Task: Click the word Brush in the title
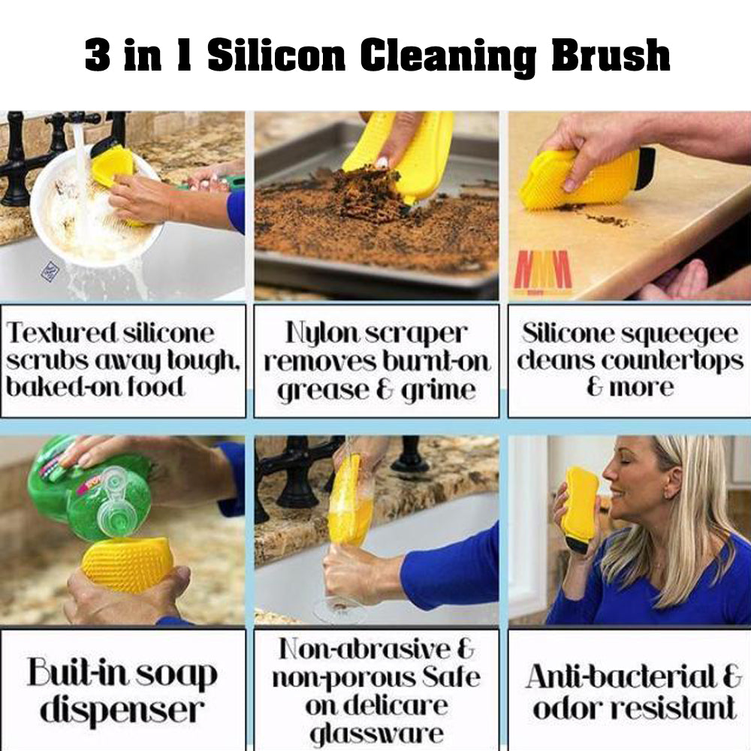pos(610,56)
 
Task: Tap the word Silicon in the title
pos(276,56)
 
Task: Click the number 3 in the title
pos(97,56)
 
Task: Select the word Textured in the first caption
pos(62,333)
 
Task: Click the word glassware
pos(376,734)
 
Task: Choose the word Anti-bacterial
pos(623,677)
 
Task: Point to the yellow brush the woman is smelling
pos(581,509)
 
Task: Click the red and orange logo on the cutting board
pos(542,271)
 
